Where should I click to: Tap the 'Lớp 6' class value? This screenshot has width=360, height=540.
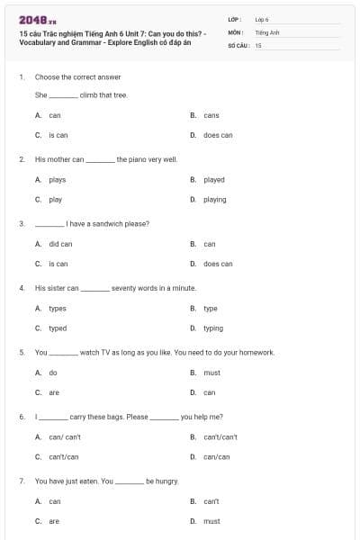[262, 19]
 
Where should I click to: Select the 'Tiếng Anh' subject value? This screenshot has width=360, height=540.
[267, 31]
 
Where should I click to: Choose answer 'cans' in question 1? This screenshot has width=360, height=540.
[211, 115]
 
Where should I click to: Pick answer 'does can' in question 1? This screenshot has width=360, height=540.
[218, 135]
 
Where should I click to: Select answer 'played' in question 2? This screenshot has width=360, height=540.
[214, 180]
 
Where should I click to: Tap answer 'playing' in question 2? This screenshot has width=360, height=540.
[215, 200]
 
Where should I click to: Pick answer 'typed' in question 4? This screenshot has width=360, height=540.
[58, 328]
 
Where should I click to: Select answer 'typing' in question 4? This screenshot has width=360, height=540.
[213, 328]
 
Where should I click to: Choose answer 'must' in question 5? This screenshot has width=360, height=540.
[211, 372]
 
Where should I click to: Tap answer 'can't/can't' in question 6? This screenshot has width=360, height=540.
[220, 436]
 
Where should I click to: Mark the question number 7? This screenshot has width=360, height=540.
[21, 481]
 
